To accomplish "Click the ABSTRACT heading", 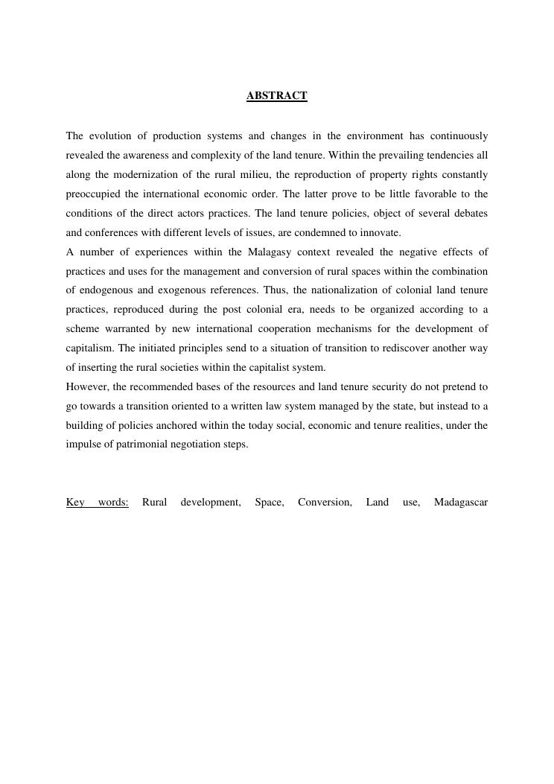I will click(x=276, y=96).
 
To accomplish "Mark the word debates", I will click(x=470, y=214).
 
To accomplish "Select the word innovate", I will click(x=381, y=233).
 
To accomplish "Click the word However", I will click(x=86, y=387).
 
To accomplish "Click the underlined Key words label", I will click(x=97, y=503).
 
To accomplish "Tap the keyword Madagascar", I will click(x=460, y=503).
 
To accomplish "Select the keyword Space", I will click(x=269, y=503).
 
